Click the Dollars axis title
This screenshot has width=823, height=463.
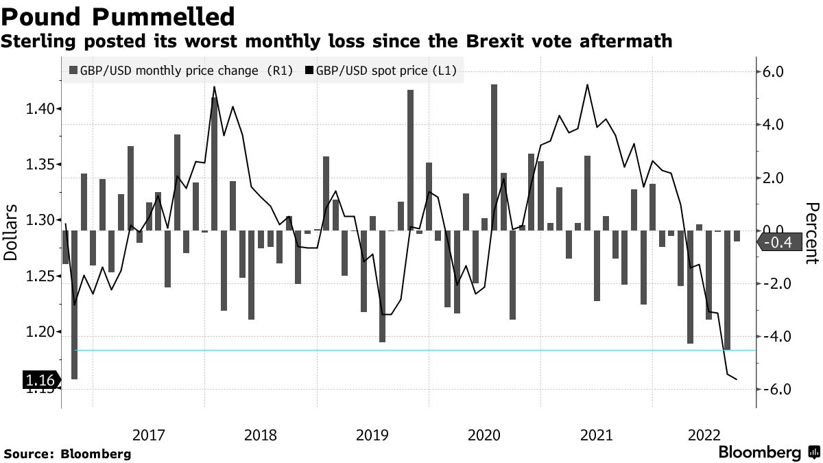click(11, 232)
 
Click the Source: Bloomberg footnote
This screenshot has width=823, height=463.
click(67, 453)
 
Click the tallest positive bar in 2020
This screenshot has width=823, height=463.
click(494, 157)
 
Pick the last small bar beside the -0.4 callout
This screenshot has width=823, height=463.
click(737, 236)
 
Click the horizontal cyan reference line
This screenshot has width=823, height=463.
click(411, 350)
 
